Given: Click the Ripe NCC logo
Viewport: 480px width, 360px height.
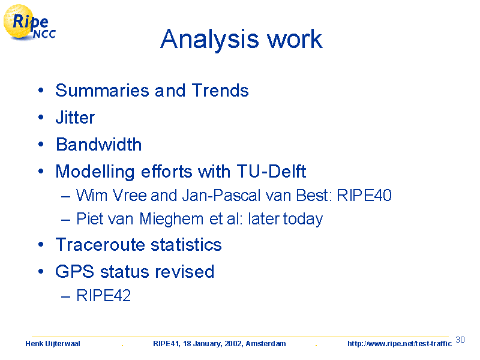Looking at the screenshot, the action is tap(29, 23).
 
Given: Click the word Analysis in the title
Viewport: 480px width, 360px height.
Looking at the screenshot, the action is tap(209, 40).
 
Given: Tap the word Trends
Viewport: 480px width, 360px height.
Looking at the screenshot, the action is tap(220, 91).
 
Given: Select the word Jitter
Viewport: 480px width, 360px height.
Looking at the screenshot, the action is tap(76, 118).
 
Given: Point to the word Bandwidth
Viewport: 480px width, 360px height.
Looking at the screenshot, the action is tap(99, 145).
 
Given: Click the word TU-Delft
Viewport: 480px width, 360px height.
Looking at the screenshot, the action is tap(272, 171).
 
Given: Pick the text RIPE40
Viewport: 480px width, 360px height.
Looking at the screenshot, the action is tap(364, 196).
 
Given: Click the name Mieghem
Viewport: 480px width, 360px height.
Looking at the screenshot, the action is tap(172, 219).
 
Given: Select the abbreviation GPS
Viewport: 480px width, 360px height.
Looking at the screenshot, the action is tap(74, 272).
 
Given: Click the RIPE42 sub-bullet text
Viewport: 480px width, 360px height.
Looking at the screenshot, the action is tap(103, 295).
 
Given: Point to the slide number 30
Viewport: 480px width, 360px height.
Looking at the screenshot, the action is tap(460, 340).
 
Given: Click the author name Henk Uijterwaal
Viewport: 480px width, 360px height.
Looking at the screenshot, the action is tap(53, 344).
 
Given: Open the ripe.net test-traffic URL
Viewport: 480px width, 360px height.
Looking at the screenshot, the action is tap(400, 344).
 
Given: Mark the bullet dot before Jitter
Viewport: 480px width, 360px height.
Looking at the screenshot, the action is tap(41, 117).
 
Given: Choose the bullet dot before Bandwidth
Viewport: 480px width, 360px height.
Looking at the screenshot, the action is tap(41, 144).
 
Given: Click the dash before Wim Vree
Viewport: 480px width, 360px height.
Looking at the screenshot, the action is tap(66, 196).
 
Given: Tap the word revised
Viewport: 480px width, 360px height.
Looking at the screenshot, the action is tap(185, 272).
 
